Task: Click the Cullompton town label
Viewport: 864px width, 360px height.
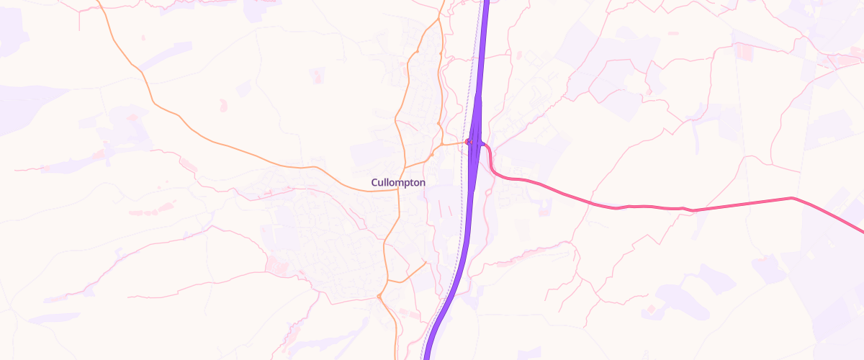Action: pos(398,183)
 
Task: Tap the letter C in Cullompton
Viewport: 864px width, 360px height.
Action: pos(374,183)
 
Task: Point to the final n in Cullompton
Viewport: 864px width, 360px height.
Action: pos(423,183)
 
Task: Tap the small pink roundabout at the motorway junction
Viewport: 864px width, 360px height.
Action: pos(468,142)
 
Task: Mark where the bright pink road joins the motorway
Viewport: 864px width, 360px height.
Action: pos(480,143)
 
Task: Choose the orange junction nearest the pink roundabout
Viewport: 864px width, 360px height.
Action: pos(431,153)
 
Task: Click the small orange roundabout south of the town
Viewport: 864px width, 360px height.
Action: pos(379,296)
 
